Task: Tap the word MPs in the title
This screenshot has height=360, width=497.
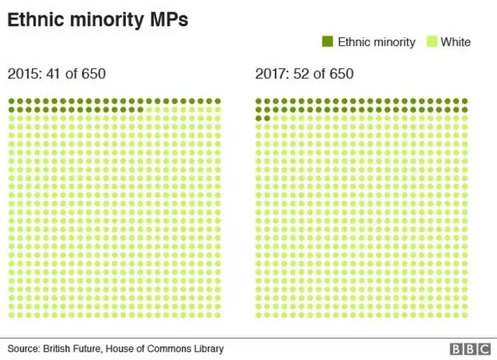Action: coord(169,21)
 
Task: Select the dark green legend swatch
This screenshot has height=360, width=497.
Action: coord(327,42)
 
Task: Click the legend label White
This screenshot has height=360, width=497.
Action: coord(456,42)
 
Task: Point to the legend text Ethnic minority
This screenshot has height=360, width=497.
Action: coord(376,42)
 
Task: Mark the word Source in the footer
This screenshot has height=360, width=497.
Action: coord(24,349)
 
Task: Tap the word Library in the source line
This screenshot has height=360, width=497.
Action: coord(207,349)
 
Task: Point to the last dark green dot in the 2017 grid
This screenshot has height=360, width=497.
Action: coord(267,118)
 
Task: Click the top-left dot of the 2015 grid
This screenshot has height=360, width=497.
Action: coord(11,101)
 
